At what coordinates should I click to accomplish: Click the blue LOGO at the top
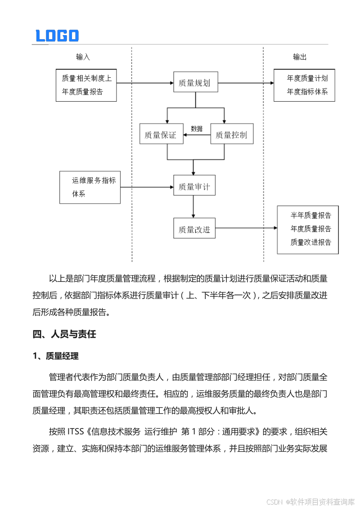coord(57,36)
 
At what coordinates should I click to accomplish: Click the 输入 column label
coord(83,57)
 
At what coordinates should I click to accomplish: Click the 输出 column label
coord(300,57)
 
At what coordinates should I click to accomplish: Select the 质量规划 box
coord(195,83)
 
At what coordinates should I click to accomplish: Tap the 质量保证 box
coord(161,134)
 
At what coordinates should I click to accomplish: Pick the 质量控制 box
coord(232,134)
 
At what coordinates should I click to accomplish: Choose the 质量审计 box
coord(194,186)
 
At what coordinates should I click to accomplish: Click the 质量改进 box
coord(194,229)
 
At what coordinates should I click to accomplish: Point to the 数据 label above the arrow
coord(197,129)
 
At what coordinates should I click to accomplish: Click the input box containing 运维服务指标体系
coord(90,187)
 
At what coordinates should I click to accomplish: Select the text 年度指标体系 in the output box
coord(307,92)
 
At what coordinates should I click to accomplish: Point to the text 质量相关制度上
coord(86,78)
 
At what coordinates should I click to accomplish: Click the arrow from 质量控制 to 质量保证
coord(197,135)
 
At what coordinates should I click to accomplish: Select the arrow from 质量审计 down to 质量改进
coord(193,206)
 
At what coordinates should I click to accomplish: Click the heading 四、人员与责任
coord(64,334)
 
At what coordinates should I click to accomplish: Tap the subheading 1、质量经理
coord(55,356)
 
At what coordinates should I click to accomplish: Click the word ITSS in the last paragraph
coord(76,432)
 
